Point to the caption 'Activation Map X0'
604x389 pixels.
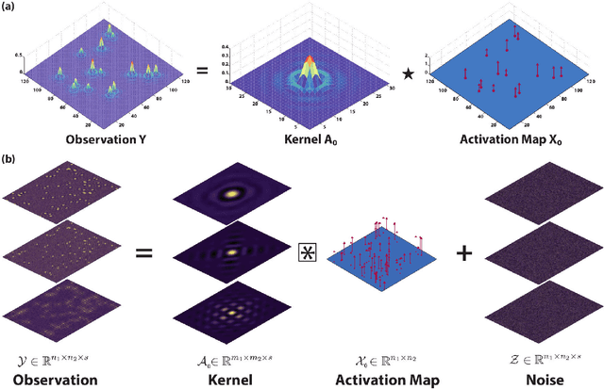click(x=497, y=141)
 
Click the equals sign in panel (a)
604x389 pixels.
click(x=201, y=71)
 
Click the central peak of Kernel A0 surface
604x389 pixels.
click(x=309, y=64)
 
